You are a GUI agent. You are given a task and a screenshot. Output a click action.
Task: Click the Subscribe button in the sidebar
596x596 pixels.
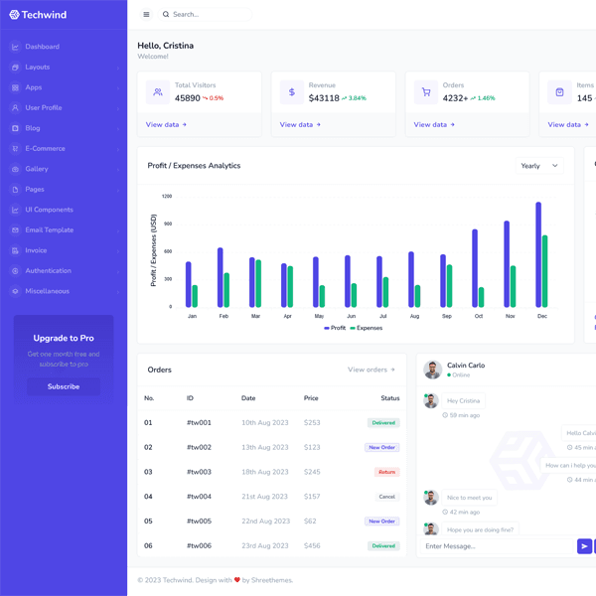pos(64,386)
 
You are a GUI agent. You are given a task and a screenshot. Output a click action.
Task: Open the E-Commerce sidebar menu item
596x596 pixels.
pos(45,149)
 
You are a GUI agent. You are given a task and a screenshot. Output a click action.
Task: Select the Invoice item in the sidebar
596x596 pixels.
pos(36,250)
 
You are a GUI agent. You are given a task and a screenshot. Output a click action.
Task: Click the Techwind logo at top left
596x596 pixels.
pos(41,15)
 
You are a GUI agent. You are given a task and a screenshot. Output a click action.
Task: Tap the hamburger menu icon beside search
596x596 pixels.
pos(146,15)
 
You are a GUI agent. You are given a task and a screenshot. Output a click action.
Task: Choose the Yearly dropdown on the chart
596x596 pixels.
pos(539,166)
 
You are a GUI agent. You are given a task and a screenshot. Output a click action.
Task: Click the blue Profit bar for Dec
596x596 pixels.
pos(538,254)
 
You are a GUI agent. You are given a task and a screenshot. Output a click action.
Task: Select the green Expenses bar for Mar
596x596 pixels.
pos(258,283)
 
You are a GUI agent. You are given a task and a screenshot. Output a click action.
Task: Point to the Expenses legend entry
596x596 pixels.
pos(366,328)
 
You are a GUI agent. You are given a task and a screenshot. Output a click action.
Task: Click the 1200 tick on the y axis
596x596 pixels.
pos(166,197)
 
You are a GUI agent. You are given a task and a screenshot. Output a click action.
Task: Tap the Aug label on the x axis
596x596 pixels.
pos(414,316)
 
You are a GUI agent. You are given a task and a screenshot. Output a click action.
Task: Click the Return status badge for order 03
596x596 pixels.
pos(386,472)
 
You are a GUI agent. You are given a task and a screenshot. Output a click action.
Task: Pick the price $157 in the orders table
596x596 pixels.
pos(312,497)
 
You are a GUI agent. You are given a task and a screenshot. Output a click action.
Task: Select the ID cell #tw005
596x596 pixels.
pos(199,521)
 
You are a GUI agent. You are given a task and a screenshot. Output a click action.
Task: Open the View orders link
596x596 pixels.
pos(371,370)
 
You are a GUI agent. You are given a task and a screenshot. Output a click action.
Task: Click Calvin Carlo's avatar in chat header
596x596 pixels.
pos(432,370)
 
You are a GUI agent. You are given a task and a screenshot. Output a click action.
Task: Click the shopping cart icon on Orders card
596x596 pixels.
pos(426,92)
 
